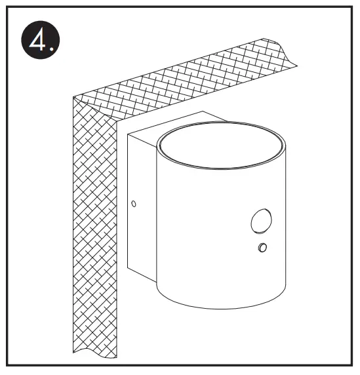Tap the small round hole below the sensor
263,248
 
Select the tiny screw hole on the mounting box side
134,203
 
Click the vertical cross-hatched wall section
92,229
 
